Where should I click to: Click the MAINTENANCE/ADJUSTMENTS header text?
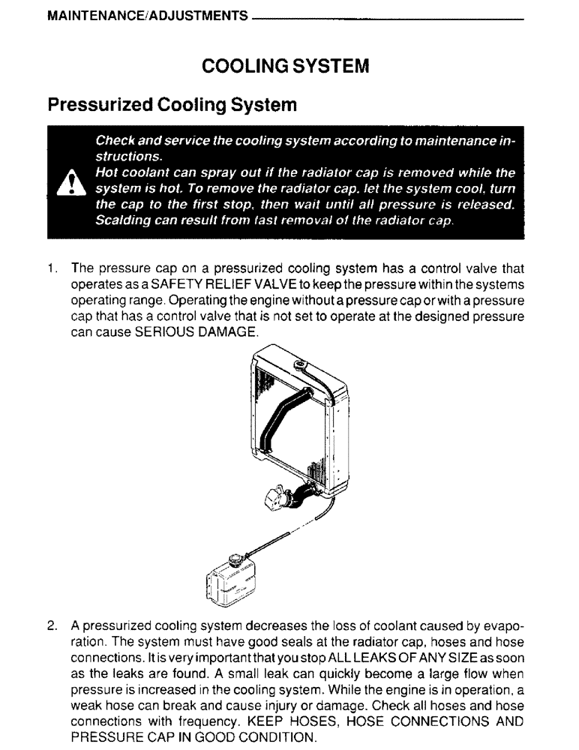coord(147,15)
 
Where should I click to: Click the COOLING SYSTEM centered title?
coord(286,67)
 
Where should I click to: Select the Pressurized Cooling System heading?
coord(172,105)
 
